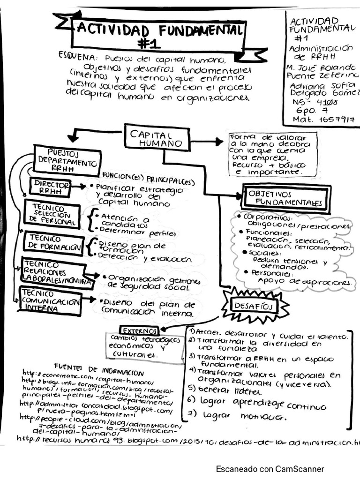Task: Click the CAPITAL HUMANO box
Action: point(157,137)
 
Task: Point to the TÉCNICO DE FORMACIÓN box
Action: point(54,243)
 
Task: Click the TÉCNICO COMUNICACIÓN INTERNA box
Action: point(50,301)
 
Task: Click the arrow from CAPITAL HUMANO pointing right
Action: point(206,141)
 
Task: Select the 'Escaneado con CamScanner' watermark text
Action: point(270,469)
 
